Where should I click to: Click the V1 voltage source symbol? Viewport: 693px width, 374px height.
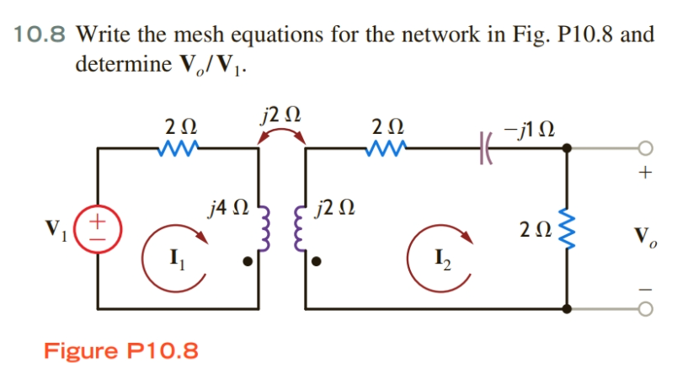click(98, 227)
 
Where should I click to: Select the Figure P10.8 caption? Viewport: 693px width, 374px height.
click(121, 350)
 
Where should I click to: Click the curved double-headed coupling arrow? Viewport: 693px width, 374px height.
click(281, 136)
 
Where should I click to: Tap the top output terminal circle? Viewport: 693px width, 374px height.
click(644, 147)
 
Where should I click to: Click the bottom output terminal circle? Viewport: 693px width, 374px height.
click(644, 309)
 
